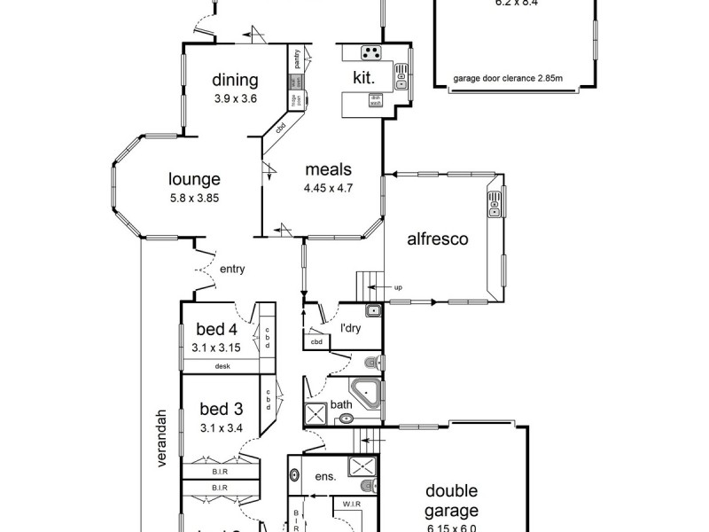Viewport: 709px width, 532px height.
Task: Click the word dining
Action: coord(235,81)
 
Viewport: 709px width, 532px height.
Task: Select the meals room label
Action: coord(329,169)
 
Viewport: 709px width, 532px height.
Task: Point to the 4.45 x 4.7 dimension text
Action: coord(329,188)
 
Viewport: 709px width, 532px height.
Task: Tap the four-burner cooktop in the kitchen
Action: coord(371,52)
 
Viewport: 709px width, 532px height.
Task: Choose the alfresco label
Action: coord(438,239)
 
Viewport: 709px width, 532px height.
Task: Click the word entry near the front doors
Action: coord(231,270)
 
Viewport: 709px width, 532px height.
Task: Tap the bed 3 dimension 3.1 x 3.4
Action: coord(221,428)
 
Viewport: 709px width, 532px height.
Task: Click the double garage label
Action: coord(451,500)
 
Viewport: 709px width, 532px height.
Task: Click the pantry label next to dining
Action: coord(296,59)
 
